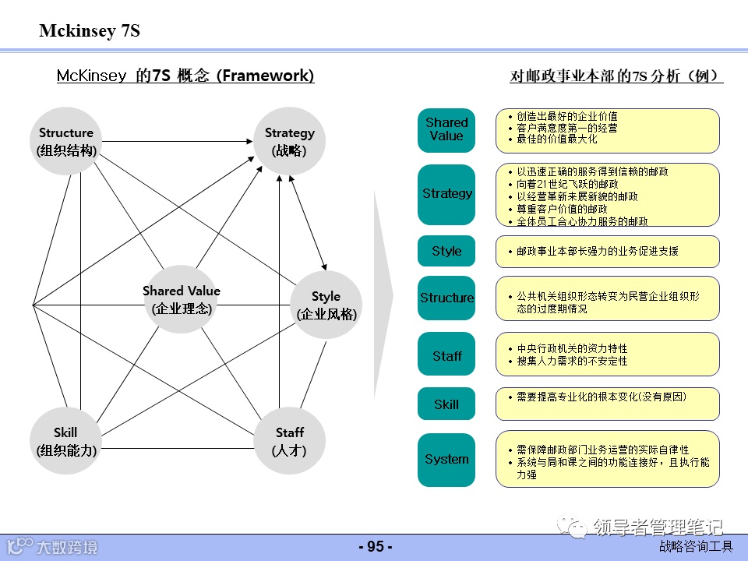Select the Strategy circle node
pos(289,141)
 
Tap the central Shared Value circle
pos(182,299)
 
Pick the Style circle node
pos(326,305)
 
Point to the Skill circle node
pos(66,441)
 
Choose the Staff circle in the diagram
pos(289,441)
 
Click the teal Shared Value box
pos(446,129)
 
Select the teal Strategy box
pos(446,193)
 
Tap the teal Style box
pos(446,251)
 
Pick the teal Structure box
pos(446,298)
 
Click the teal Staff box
pos(446,355)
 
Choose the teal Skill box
pos(446,404)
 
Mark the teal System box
pos(446,460)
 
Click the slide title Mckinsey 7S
pos(90,32)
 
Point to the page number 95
pos(375,547)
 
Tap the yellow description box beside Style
pos(608,251)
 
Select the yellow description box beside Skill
pos(608,402)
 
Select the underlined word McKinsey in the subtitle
pos(91,76)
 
